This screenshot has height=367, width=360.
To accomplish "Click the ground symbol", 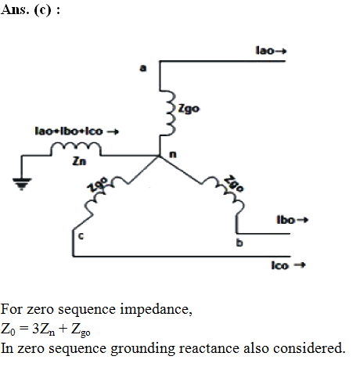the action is click(22, 184).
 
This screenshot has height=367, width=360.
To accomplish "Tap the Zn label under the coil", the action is click(79, 162).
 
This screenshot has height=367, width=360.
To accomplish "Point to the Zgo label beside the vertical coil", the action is click(189, 108).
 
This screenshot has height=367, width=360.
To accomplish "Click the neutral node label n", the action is click(173, 154).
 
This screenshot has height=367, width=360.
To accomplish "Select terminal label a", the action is click(143, 68).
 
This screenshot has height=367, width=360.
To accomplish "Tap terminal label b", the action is click(239, 243).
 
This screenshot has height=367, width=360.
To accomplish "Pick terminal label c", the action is click(81, 236).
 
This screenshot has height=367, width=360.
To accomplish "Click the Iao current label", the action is click(265, 50).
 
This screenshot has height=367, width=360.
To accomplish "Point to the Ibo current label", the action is click(286, 220).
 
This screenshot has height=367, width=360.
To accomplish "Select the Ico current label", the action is click(280, 265).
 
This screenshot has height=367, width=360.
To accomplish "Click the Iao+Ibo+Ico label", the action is click(69, 131).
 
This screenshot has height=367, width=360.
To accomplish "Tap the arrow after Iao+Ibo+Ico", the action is click(113, 131).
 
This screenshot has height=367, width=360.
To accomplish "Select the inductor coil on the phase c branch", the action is click(103, 193).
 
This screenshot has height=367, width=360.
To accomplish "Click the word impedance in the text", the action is click(156, 310).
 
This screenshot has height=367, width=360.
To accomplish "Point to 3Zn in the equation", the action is click(44, 329).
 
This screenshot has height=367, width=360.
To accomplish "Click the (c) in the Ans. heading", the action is click(42, 10).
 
